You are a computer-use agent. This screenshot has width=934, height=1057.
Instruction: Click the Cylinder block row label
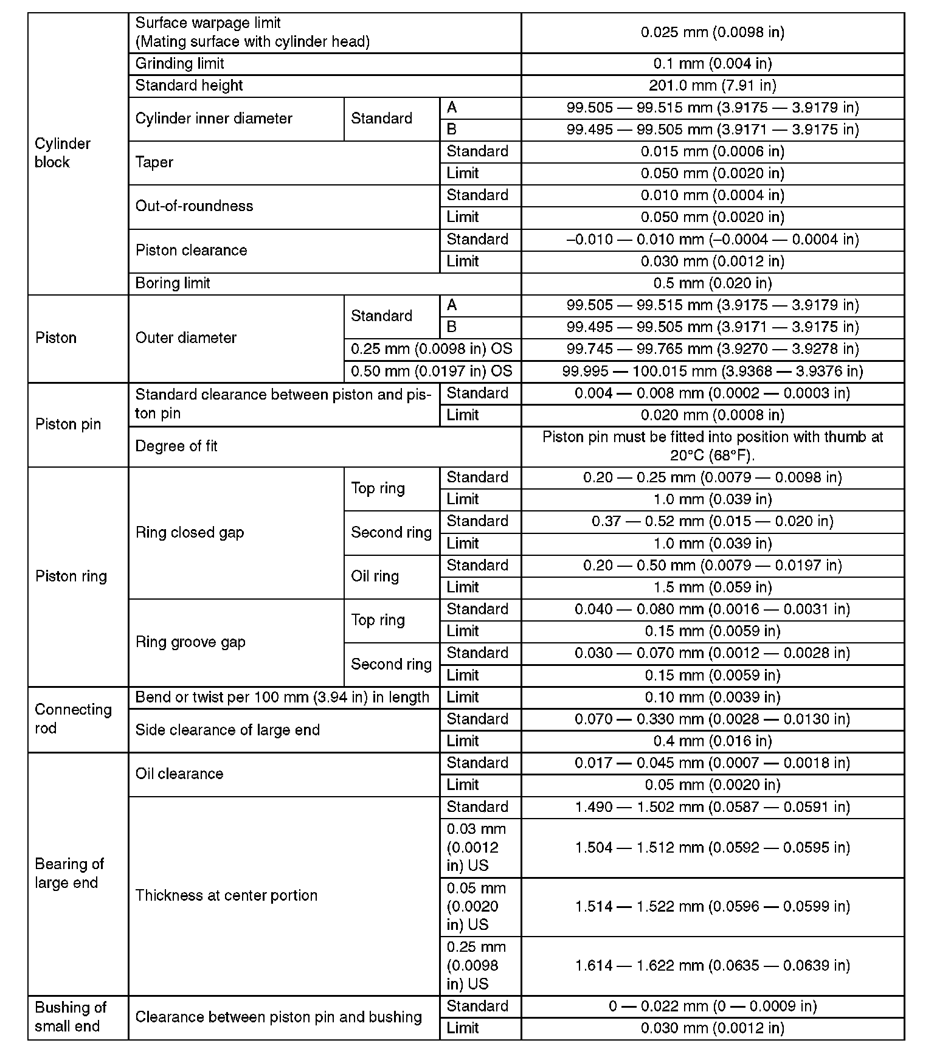[x=63, y=153]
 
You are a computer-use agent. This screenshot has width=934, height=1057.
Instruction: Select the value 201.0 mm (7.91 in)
[x=712, y=86]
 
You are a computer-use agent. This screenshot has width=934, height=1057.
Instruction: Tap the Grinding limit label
[x=179, y=64]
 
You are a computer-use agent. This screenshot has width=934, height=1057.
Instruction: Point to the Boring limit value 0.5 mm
[x=712, y=283]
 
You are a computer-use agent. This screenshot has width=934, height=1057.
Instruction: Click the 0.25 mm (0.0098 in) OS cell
[x=431, y=349]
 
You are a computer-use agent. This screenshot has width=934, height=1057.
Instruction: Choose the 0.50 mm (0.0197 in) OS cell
[x=431, y=371]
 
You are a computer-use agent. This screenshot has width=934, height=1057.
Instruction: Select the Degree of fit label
[x=176, y=446]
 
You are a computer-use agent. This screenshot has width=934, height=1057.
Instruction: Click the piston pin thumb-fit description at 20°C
[x=712, y=446]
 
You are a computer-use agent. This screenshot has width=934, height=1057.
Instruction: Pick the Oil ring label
[x=375, y=577]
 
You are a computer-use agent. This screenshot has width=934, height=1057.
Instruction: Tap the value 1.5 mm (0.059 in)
[x=712, y=587]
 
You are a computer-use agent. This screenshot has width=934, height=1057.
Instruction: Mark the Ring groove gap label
[x=190, y=642]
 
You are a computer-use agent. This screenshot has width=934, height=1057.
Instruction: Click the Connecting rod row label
[x=73, y=719]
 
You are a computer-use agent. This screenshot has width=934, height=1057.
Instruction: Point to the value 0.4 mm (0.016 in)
[x=712, y=741]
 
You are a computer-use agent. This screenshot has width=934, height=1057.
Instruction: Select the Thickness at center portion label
[x=226, y=896]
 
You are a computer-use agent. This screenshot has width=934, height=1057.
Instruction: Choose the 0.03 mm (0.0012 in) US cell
[x=476, y=847]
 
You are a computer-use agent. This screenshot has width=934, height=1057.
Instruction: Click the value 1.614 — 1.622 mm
[x=712, y=966]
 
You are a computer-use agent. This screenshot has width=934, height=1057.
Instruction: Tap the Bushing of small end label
[x=71, y=1017]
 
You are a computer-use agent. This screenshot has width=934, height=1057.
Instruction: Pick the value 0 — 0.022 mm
[x=712, y=1007]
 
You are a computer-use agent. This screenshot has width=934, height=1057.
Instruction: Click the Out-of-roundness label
[x=194, y=206]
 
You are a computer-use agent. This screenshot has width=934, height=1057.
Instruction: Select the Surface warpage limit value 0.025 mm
[x=712, y=32]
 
